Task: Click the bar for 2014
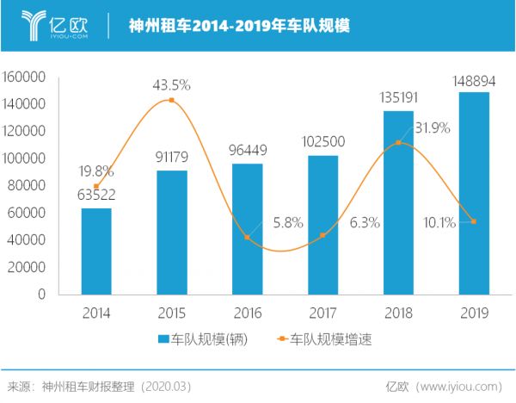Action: pyautogui.click(x=96, y=251)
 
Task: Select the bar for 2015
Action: pyautogui.click(x=171, y=232)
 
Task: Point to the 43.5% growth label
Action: pyautogui.click(x=171, y=85)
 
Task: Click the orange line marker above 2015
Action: pyautogui.click(x=171, y=101)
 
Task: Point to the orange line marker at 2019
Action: pyautogui.click(x=473, y=222)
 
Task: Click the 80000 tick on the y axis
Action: pyautogui.click(x=28, y=185)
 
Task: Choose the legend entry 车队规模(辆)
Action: pyautogui.click(x=203, y=339)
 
